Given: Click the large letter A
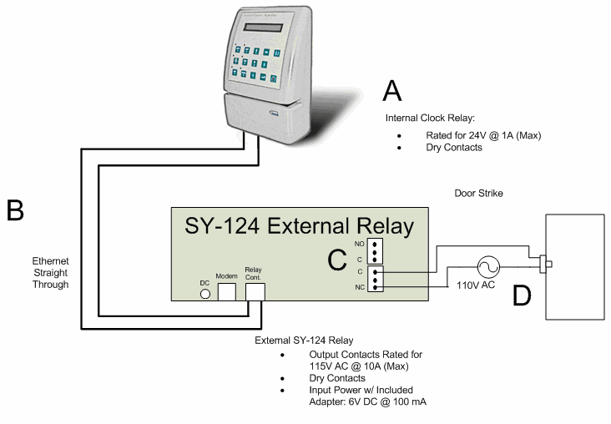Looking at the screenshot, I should pos(392,90).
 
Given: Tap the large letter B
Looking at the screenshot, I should pos(15,210).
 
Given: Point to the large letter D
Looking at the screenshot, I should pos(523,294).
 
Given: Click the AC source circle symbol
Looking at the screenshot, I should pos(487,267).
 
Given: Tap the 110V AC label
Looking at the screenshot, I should pos(477,286).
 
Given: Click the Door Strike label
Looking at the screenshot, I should pos(478,194).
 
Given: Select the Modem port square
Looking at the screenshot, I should pos(227,290).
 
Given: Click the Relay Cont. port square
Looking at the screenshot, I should pos(254,290).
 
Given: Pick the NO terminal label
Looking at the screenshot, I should pos(359,243).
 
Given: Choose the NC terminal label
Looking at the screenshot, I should pos(359,286).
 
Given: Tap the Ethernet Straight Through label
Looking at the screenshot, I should pos(45,273).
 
